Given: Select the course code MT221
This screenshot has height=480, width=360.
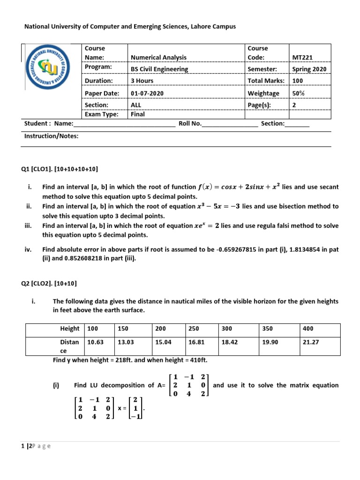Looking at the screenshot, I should click(302, 58).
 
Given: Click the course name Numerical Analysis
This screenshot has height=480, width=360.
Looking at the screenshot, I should click(158, 58).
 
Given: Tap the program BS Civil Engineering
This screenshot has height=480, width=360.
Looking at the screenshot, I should click(159, 69).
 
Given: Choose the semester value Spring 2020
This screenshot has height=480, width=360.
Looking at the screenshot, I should click(309, 69).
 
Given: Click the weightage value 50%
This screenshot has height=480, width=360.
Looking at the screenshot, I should click(298, 93).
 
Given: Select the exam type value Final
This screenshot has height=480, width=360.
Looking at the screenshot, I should click(138, 114).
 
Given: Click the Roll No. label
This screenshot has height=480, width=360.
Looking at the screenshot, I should click(190, 124).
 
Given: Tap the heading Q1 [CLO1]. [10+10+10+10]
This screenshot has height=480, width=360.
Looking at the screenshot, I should click(61, 169).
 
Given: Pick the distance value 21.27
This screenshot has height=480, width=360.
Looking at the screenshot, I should click(311, 342).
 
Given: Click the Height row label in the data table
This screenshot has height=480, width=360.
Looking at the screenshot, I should click(70, 329).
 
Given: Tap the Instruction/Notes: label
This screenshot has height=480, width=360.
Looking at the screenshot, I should click(51, 136).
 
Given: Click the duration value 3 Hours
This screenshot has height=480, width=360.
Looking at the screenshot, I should click(142, 81).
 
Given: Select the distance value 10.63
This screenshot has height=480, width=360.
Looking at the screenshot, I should click(95, 342).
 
